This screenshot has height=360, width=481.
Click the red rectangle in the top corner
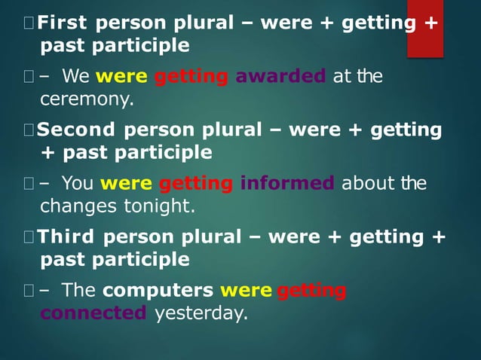coord(424,29)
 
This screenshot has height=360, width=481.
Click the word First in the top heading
coord(62,22)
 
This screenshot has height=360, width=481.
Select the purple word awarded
coord(280,76)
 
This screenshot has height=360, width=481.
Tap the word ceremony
coord(86,99)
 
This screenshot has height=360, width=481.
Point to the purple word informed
coord(287,183)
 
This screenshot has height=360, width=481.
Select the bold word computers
coord(158,290)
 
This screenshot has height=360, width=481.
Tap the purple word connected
coord(93,313)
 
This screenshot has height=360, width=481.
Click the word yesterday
coord(201,313)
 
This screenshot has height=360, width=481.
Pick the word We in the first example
coord(76,76)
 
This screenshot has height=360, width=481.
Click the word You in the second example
coord(78,183)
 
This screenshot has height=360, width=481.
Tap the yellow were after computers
coord(246,290)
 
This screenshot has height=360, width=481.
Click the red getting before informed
coord(196,183)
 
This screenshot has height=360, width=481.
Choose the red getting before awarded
coord(191,76)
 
